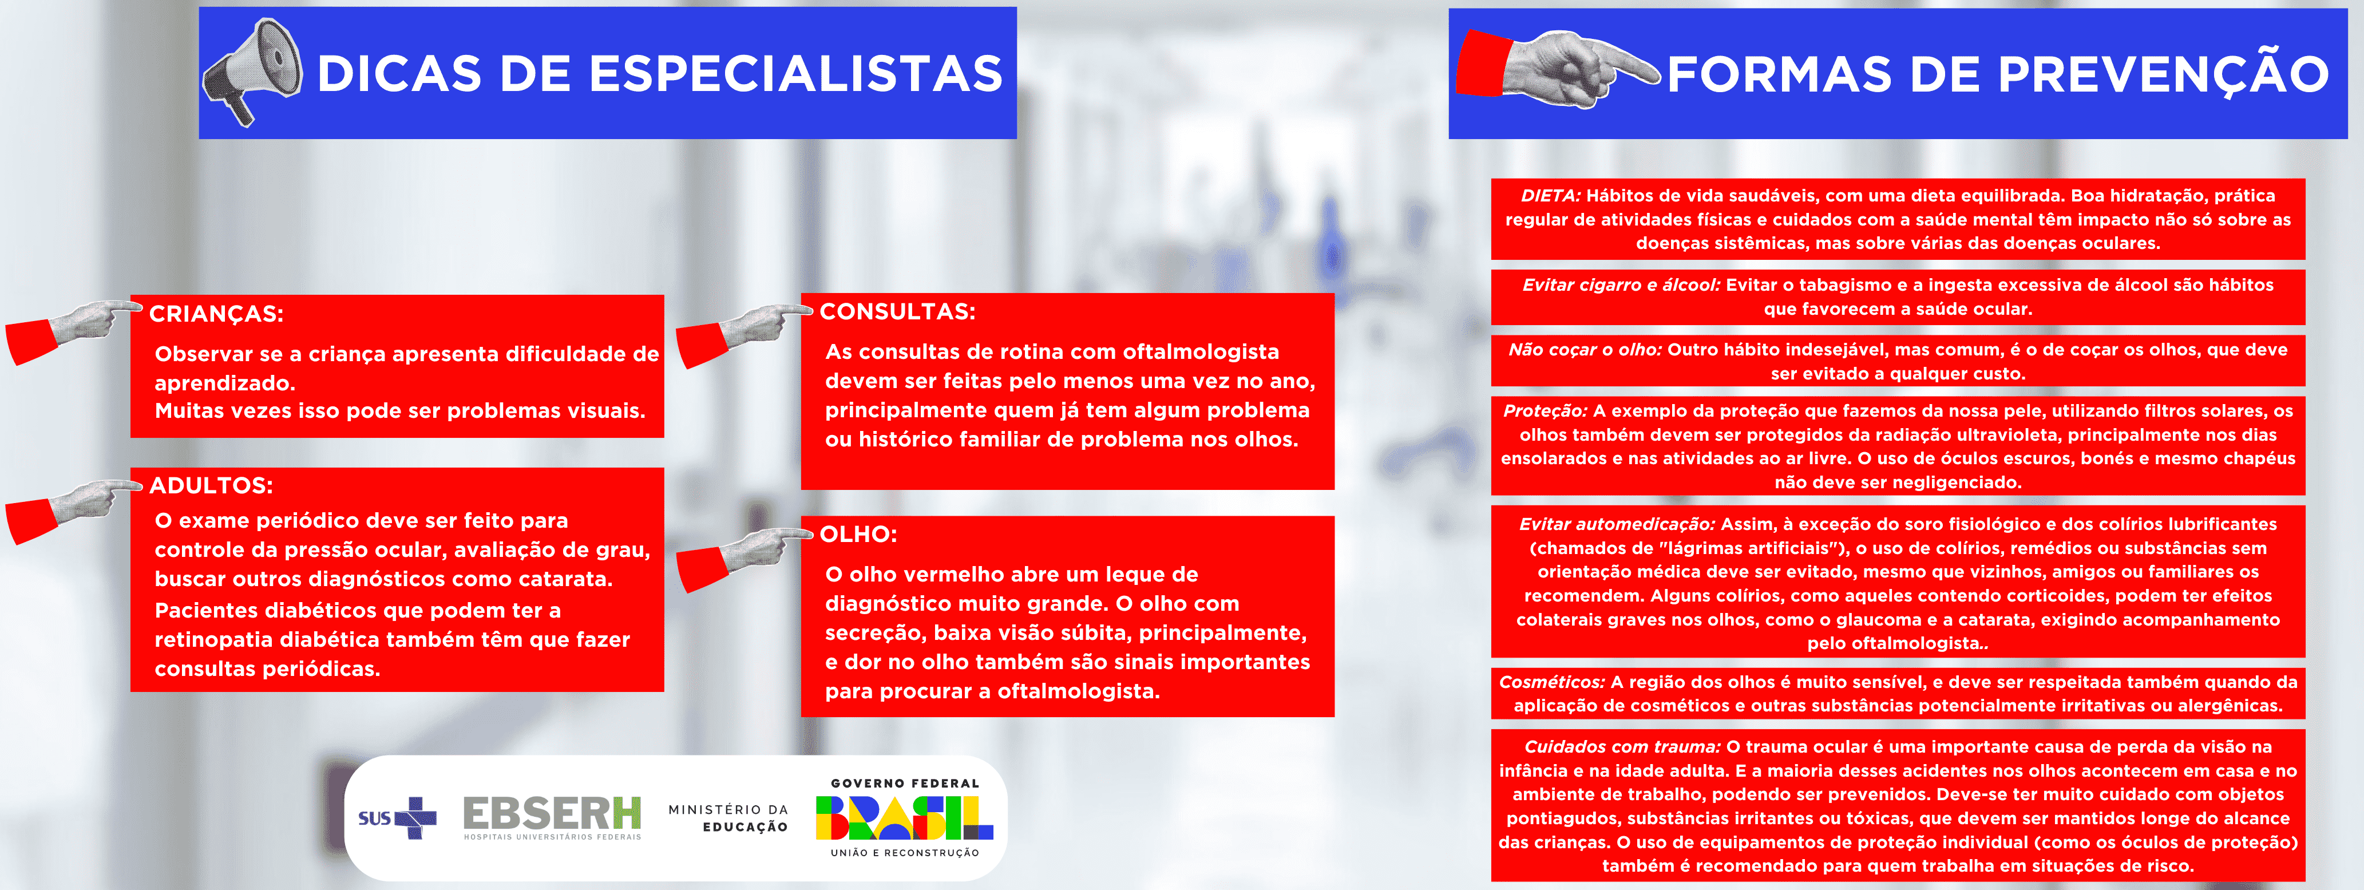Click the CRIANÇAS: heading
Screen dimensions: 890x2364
[x=216, y=314]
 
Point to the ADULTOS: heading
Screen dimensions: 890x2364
[x=211, y=485]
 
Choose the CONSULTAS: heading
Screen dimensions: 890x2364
[x=897, y=312]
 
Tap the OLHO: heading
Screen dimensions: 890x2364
[x=858, y=534]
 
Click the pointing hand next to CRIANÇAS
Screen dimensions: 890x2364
[x=73, y=329]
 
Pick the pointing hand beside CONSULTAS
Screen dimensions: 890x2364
[x=743, y=332]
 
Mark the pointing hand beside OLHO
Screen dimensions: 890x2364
[x=743, y=555]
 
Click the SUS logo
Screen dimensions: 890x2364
[x=397, y=817]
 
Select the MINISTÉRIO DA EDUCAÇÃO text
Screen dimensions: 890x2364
[x=728, y=817]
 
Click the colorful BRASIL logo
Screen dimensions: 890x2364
[x=904, y=817]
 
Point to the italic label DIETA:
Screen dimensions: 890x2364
[x=1550, y=195]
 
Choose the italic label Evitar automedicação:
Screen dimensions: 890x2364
[x=1616, y=524]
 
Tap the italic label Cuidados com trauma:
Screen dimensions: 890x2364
[x=1622, y=747]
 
